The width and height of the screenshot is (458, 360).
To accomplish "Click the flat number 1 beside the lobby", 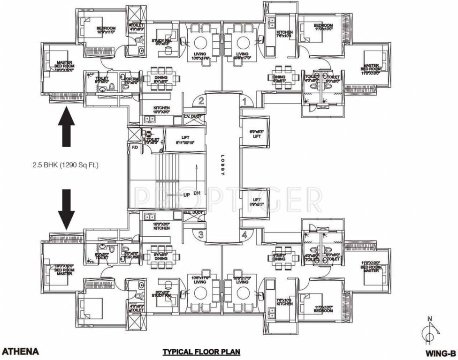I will point(244,100).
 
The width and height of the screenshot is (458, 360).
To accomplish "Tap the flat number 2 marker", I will point(200,100).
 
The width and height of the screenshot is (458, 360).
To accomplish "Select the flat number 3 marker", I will point(200,235).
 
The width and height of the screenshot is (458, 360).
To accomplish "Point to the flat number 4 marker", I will point(244,235).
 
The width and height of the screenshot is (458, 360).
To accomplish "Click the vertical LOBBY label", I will point(222,165).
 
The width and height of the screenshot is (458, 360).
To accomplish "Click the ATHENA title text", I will point(20,351).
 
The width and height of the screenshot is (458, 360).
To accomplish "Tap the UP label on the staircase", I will point(186,195).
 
